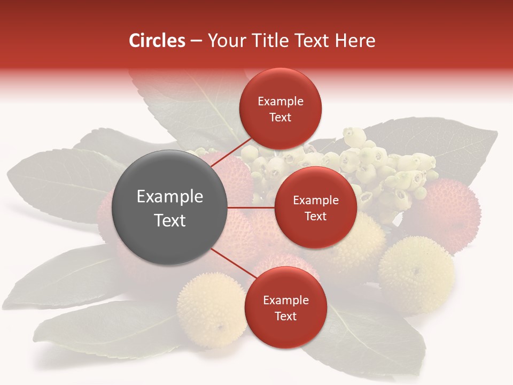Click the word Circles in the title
[x=157, y=41]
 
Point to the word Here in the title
[x=355, y=41]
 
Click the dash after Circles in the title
[x=196, y=41]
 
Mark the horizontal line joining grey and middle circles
[x=251, y=207]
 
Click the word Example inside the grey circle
[x=170, y=197]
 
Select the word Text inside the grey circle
[x=170, y=220]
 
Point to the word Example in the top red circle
[x=281, y=102]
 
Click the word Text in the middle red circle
[x=315, y=216]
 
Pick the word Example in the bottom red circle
[x=286, y=301]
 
